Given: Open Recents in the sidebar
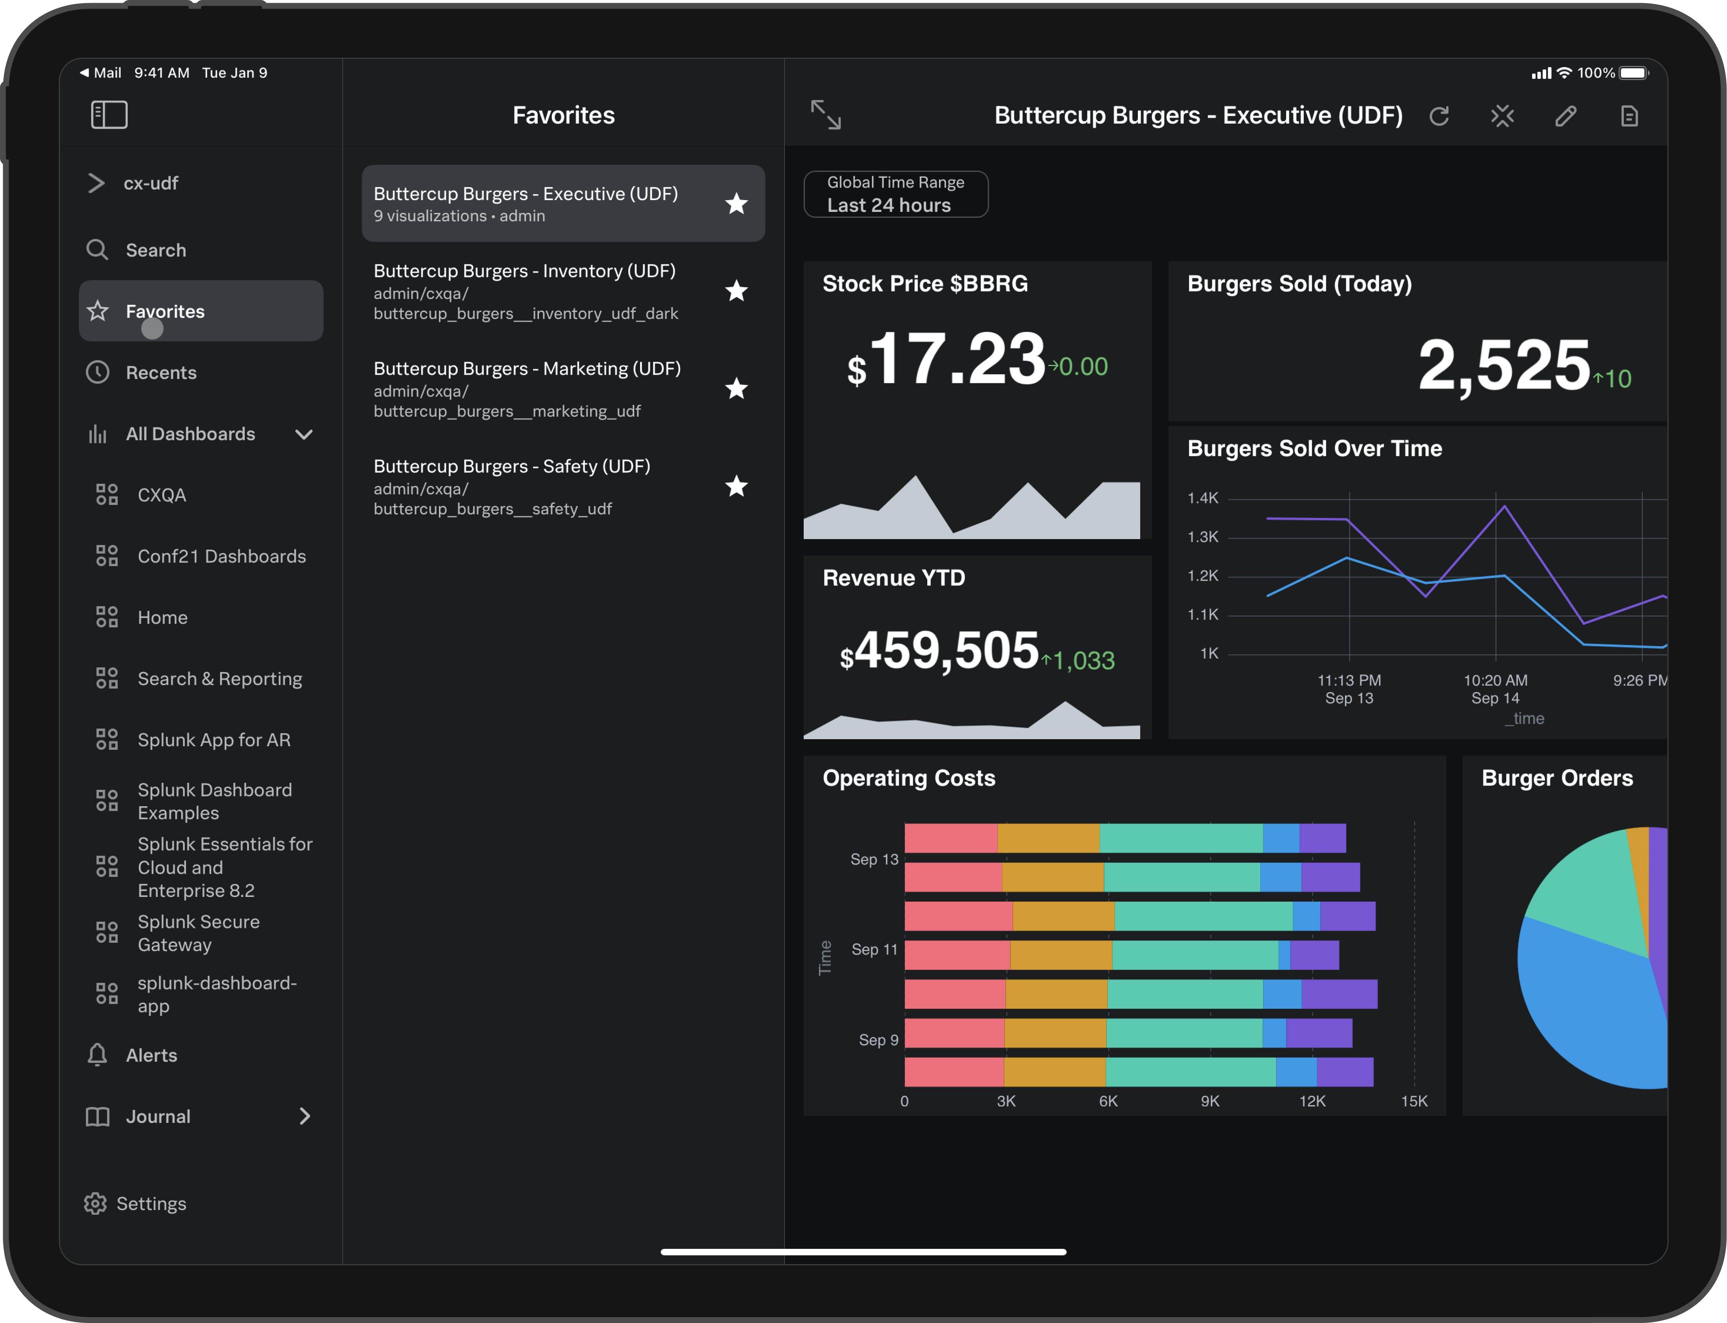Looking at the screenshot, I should click(x=160, y=372).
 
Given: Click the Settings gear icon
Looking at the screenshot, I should click(x=95, y=1203).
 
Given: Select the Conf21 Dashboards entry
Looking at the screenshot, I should click(x=221, y=556).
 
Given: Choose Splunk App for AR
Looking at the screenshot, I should click(x=213, y=740).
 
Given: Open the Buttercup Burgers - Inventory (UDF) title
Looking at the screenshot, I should click(x=524, y=271).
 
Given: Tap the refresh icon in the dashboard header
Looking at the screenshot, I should click(x=1439, y=117).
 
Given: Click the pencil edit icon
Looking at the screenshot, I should click(x=1566, y=117).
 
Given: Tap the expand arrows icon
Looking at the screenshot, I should click(x=826, y=115).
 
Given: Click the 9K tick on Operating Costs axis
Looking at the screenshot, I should click(x=1210, y=1101).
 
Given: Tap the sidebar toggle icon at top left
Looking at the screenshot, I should click(x=109, y=115).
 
